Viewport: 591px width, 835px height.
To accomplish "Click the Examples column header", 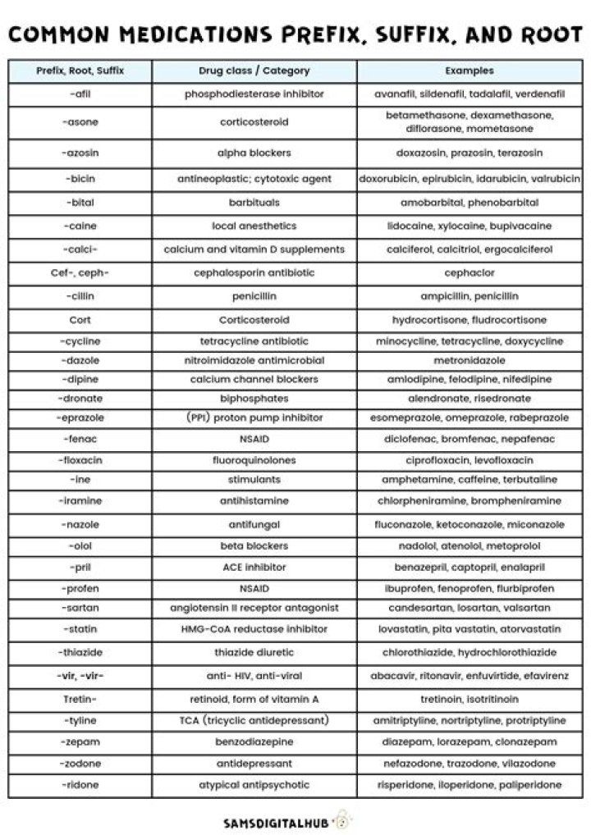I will tap(470, 71).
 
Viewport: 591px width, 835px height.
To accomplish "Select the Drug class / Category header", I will tap(254, 71).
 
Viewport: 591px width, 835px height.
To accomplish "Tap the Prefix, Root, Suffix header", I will tap(80, 71).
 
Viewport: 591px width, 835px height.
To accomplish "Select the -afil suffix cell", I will tap(80, 94).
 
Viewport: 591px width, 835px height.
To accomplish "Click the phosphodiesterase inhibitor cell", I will tap(254, 94).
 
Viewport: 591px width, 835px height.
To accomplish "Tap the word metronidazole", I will tap(470, 360).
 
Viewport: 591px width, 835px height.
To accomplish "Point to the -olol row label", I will tap(80, 545).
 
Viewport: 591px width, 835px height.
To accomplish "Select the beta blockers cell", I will tap(254, 545).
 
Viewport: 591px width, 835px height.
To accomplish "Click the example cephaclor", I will tap(470, 272).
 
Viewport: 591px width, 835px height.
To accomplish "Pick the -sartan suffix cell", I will tap(80, 609).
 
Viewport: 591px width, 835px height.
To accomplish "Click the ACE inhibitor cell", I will tap(254, 567).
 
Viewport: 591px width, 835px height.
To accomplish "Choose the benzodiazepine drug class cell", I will tap(254, 741).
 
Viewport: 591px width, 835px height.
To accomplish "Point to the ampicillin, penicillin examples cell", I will tap(470, 296).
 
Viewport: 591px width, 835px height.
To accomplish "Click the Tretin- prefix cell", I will tap(80, 699).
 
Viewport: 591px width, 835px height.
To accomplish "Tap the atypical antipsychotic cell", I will tap(254, 785).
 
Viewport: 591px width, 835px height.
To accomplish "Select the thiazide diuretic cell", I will tap(254, 653).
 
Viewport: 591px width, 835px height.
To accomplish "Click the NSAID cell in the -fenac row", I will tap(254, 439).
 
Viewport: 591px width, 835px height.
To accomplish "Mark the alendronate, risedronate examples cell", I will tap(470, 399).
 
